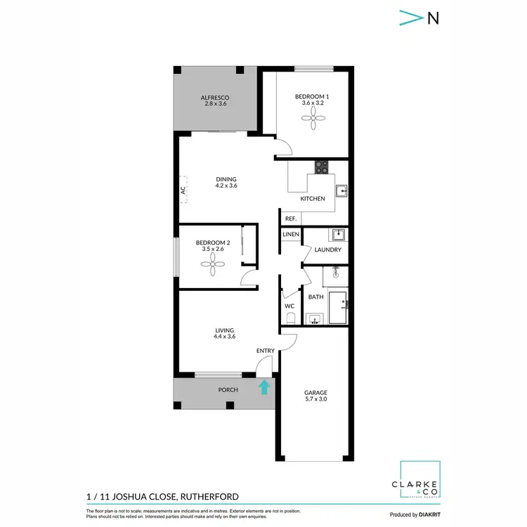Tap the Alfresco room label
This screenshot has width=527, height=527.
coord(215,98)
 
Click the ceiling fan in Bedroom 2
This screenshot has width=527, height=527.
coord(212,265)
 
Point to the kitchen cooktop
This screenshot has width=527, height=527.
coord(321,167)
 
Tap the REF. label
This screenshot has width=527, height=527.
coord(291,219)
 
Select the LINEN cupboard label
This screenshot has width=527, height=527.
coord(291,234)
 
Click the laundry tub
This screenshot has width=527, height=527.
coord(338,234)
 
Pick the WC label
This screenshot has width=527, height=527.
coord(289,306)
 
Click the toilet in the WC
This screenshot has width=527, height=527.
coord(289,320)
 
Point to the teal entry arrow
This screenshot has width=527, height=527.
coord(264,386)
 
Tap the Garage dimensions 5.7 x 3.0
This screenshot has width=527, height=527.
coord(315,399)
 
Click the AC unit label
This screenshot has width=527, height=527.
coord(182,190)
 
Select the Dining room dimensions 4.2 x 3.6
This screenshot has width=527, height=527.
coord(226,186)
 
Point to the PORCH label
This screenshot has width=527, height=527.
coord(228,389)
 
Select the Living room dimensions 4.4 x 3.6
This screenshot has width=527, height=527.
coord(224,337)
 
